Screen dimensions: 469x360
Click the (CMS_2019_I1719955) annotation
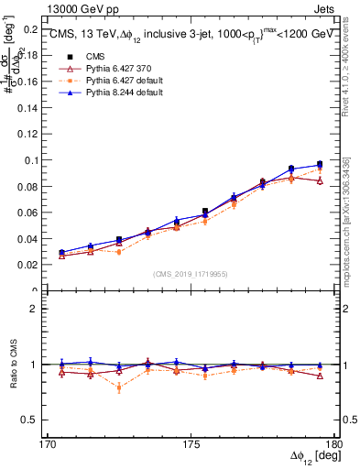click(x=191, y=274)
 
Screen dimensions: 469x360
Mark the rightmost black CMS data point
click(x=320, y=164)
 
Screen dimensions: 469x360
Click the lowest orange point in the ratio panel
click(x=119, y=387)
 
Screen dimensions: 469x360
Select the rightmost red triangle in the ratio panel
click(x=320, y=376)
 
